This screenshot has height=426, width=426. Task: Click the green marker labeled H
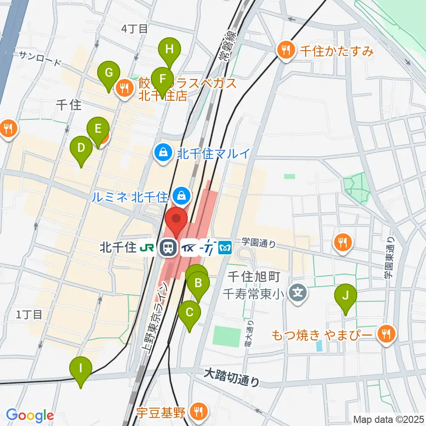(169, 50)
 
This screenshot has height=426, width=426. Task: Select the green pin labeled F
(162, 80)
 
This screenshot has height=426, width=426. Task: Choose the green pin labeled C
(189, 312)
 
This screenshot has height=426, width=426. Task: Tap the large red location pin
(176, 219)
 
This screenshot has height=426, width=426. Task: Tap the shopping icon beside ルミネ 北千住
(181, 194)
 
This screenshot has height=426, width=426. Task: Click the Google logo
(30, 415)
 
